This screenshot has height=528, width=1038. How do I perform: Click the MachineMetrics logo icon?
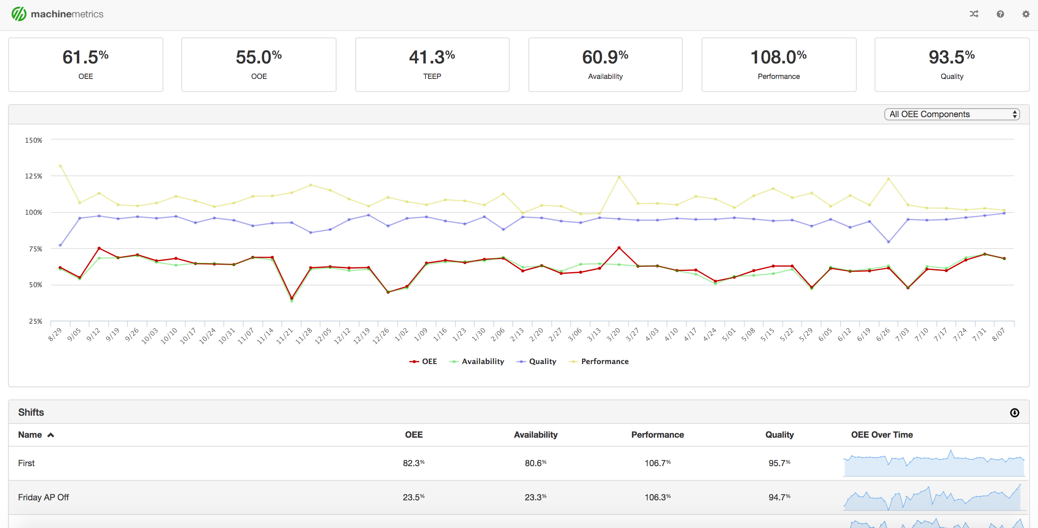[x=19, y=14]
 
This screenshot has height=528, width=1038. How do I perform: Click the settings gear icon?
[x=1025, y=14]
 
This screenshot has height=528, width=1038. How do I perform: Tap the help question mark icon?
[x=1000, y=14]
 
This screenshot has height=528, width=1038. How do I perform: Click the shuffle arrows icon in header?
[x=974, y=14]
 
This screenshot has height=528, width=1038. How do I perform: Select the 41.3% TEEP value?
[x=432, y=57]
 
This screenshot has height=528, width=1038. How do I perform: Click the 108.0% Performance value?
[x=778, y=57]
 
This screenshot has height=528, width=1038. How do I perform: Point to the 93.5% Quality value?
[x=951, y=57]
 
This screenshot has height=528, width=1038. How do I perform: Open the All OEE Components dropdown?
[x=952, y=114]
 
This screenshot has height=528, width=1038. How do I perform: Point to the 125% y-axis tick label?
[x=34, y=176]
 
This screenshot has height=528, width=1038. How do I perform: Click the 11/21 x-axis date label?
[x=285, y=336]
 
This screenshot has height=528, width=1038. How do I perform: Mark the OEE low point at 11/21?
[x=291, y=298]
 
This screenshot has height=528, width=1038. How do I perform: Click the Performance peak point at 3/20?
[x=619, y=177]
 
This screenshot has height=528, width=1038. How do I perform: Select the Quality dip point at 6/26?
[x=888, y=242]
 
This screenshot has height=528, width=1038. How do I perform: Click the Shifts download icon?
[x=1014, y=412]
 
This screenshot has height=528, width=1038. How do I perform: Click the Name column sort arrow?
[x=51, y=435]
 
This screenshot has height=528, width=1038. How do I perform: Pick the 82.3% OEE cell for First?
[x=413, y=463]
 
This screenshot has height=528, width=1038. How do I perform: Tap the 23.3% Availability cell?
[x=535, y=497]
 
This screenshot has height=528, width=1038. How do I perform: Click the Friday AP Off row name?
[x=43, y=497]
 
